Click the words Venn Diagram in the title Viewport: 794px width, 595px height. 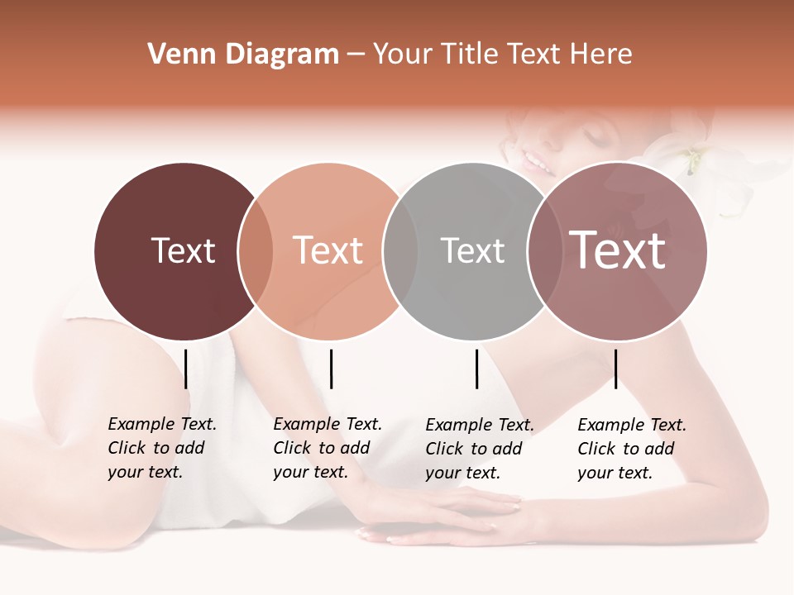coord(243,55)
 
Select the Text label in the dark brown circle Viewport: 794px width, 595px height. coord(183,250)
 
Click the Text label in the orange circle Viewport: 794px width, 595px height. coord(328,250)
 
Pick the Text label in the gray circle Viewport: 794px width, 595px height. coord(472,250)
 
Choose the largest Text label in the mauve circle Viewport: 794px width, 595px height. coord(617,250)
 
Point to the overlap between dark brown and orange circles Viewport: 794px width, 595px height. coord(256,251)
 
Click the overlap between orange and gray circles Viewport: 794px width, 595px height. coord(400,251)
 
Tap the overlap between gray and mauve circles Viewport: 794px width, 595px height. coord(543,251)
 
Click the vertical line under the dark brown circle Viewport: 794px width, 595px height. coord(186,369)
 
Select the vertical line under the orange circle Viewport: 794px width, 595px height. coord(331,369)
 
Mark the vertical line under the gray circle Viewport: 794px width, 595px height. coord(476,369)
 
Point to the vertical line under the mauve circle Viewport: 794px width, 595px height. coord(615,369)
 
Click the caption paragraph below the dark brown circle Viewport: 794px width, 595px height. coord(162,448)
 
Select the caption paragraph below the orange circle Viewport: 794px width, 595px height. coord(328,448)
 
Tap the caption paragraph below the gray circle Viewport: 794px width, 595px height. coord(480,449)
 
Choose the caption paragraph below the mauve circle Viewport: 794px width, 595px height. coord(632,449)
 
